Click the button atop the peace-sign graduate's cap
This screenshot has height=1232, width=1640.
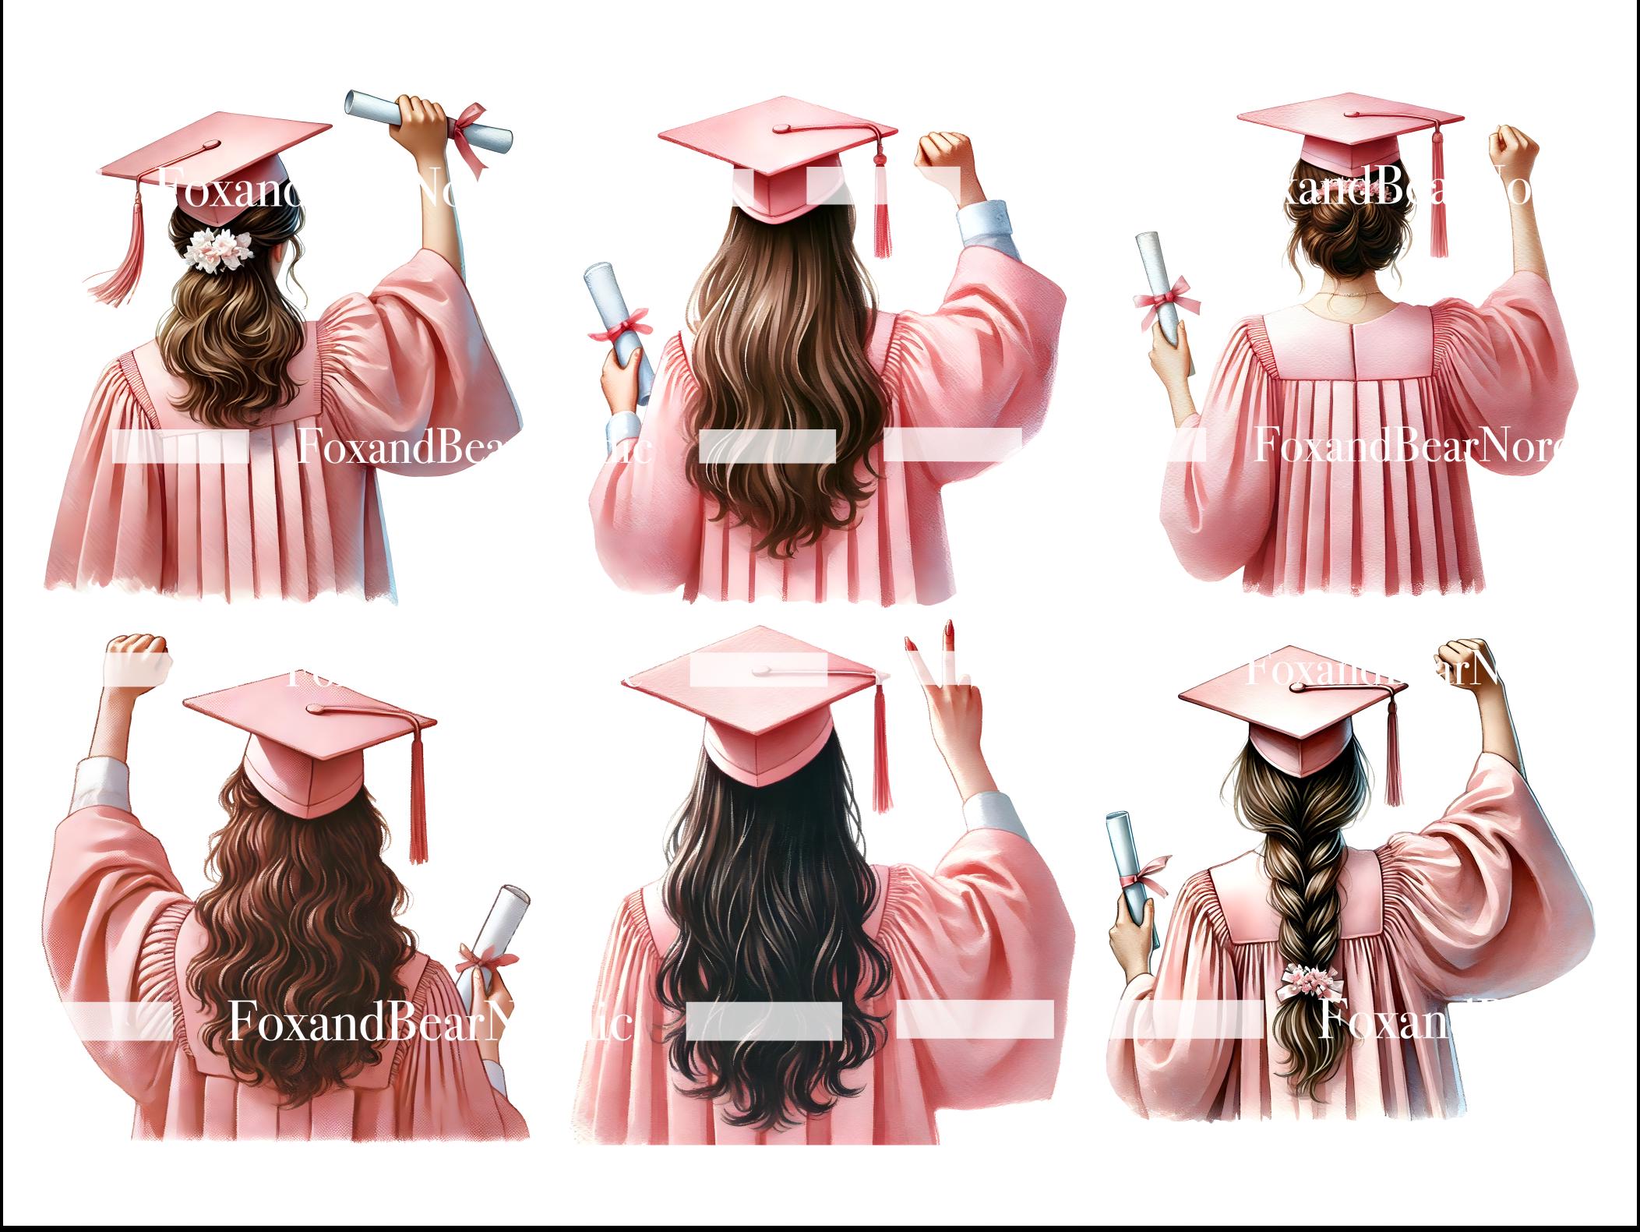click(x=762, y=670)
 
